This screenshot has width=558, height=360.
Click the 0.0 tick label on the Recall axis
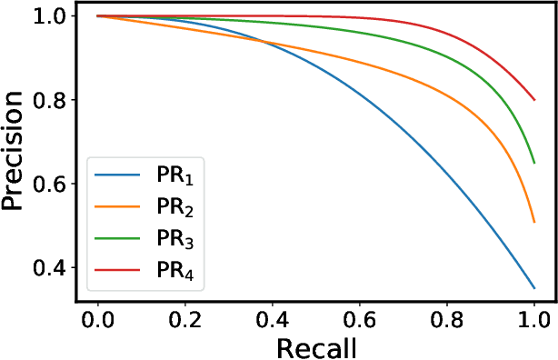[96, 318]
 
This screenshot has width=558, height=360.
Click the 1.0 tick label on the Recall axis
[533, 318]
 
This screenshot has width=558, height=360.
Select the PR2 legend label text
[173, 207]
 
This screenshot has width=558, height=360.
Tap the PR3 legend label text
[173, 239]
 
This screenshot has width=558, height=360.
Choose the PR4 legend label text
[173, 271]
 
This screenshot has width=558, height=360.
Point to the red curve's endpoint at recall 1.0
[533, 100]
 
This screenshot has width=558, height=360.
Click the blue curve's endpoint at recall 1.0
[533, 288]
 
